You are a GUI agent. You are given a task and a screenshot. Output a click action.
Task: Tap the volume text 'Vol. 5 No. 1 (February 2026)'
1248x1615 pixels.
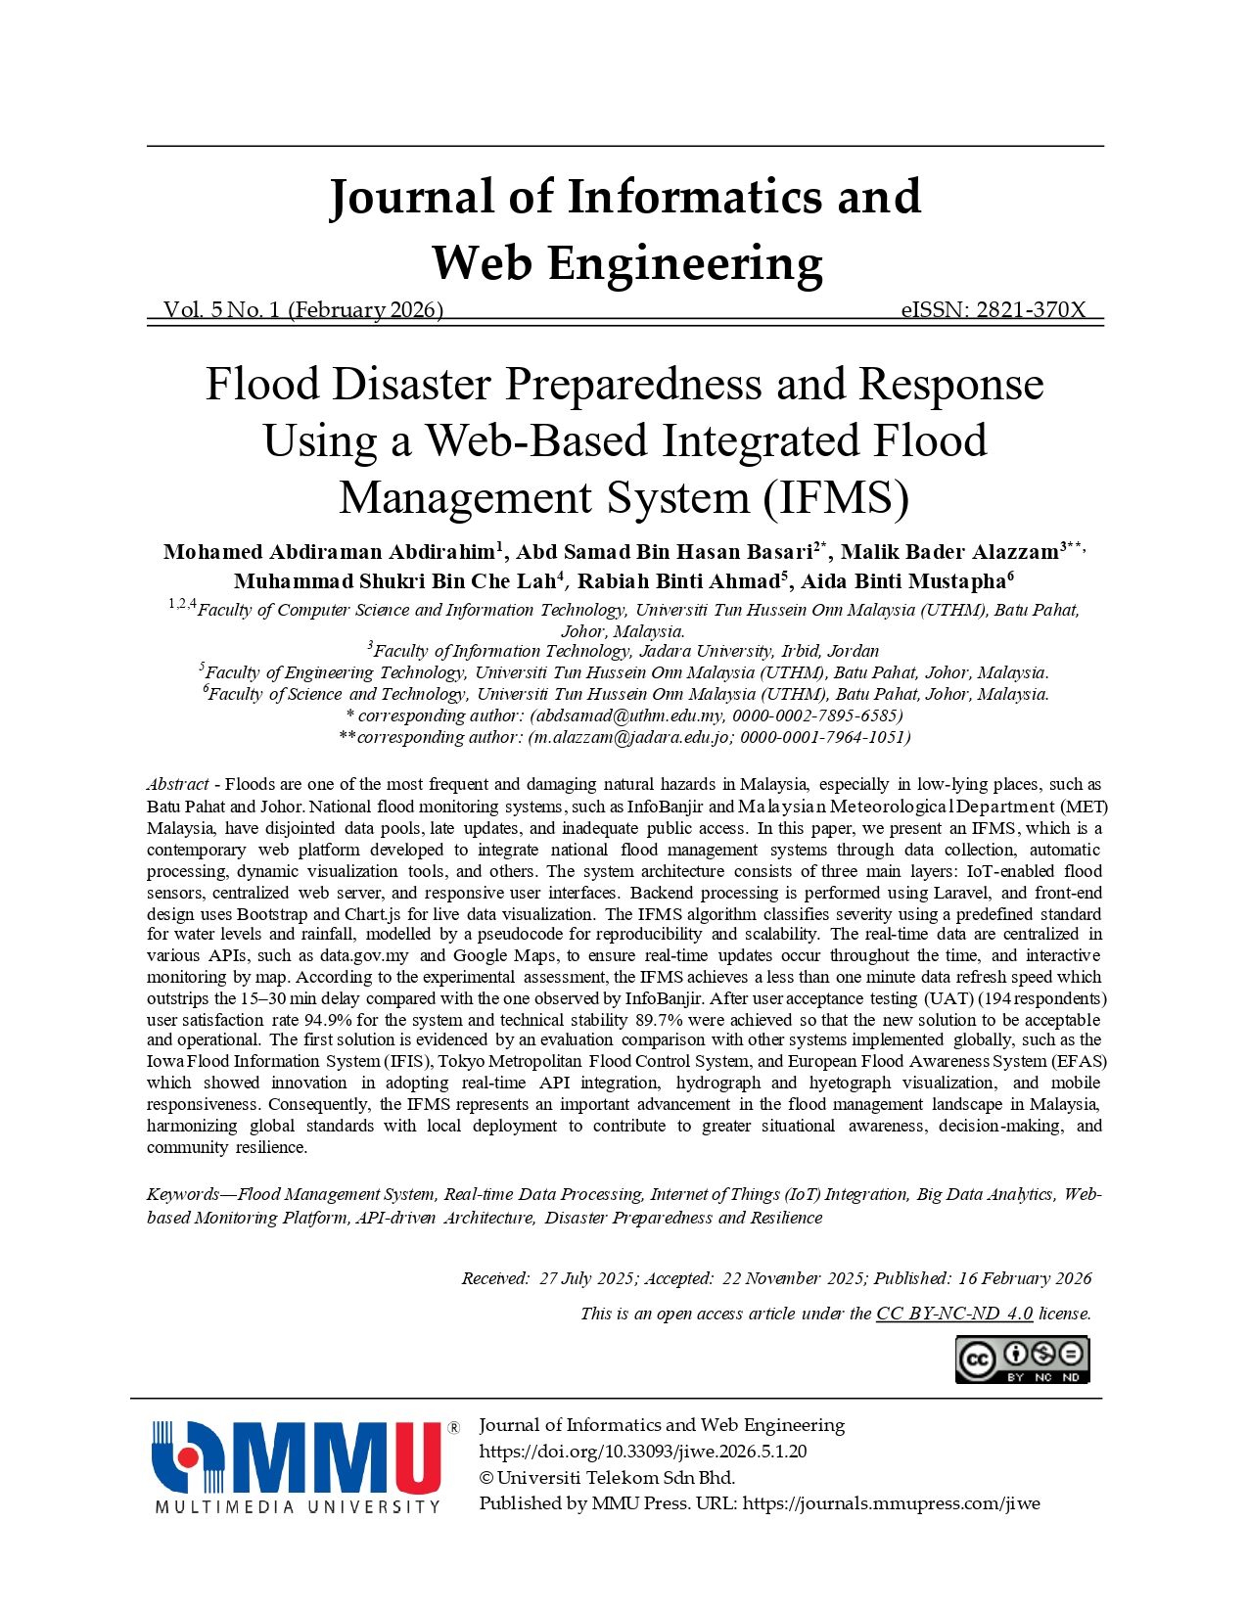click(303, 310)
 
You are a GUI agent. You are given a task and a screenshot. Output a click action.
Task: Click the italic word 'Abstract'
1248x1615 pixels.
click(178, 784)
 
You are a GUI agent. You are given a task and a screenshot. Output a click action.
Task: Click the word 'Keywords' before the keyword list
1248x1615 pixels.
click(183, 1194)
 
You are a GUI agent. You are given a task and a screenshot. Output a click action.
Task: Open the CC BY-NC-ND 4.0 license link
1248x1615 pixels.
click(954, 1314)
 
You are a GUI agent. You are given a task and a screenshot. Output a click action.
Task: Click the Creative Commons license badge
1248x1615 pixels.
click(1022, 1360)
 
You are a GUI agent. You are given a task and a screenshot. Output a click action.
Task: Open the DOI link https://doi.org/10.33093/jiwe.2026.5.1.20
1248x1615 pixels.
click(643, 1452)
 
